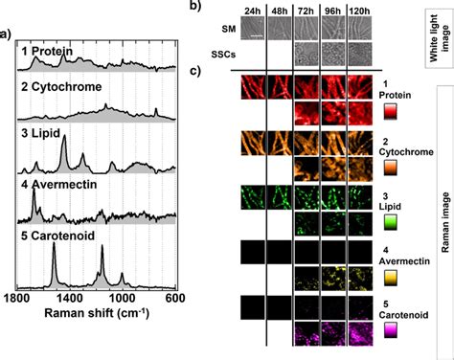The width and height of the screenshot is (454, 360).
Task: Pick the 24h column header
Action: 252,13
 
